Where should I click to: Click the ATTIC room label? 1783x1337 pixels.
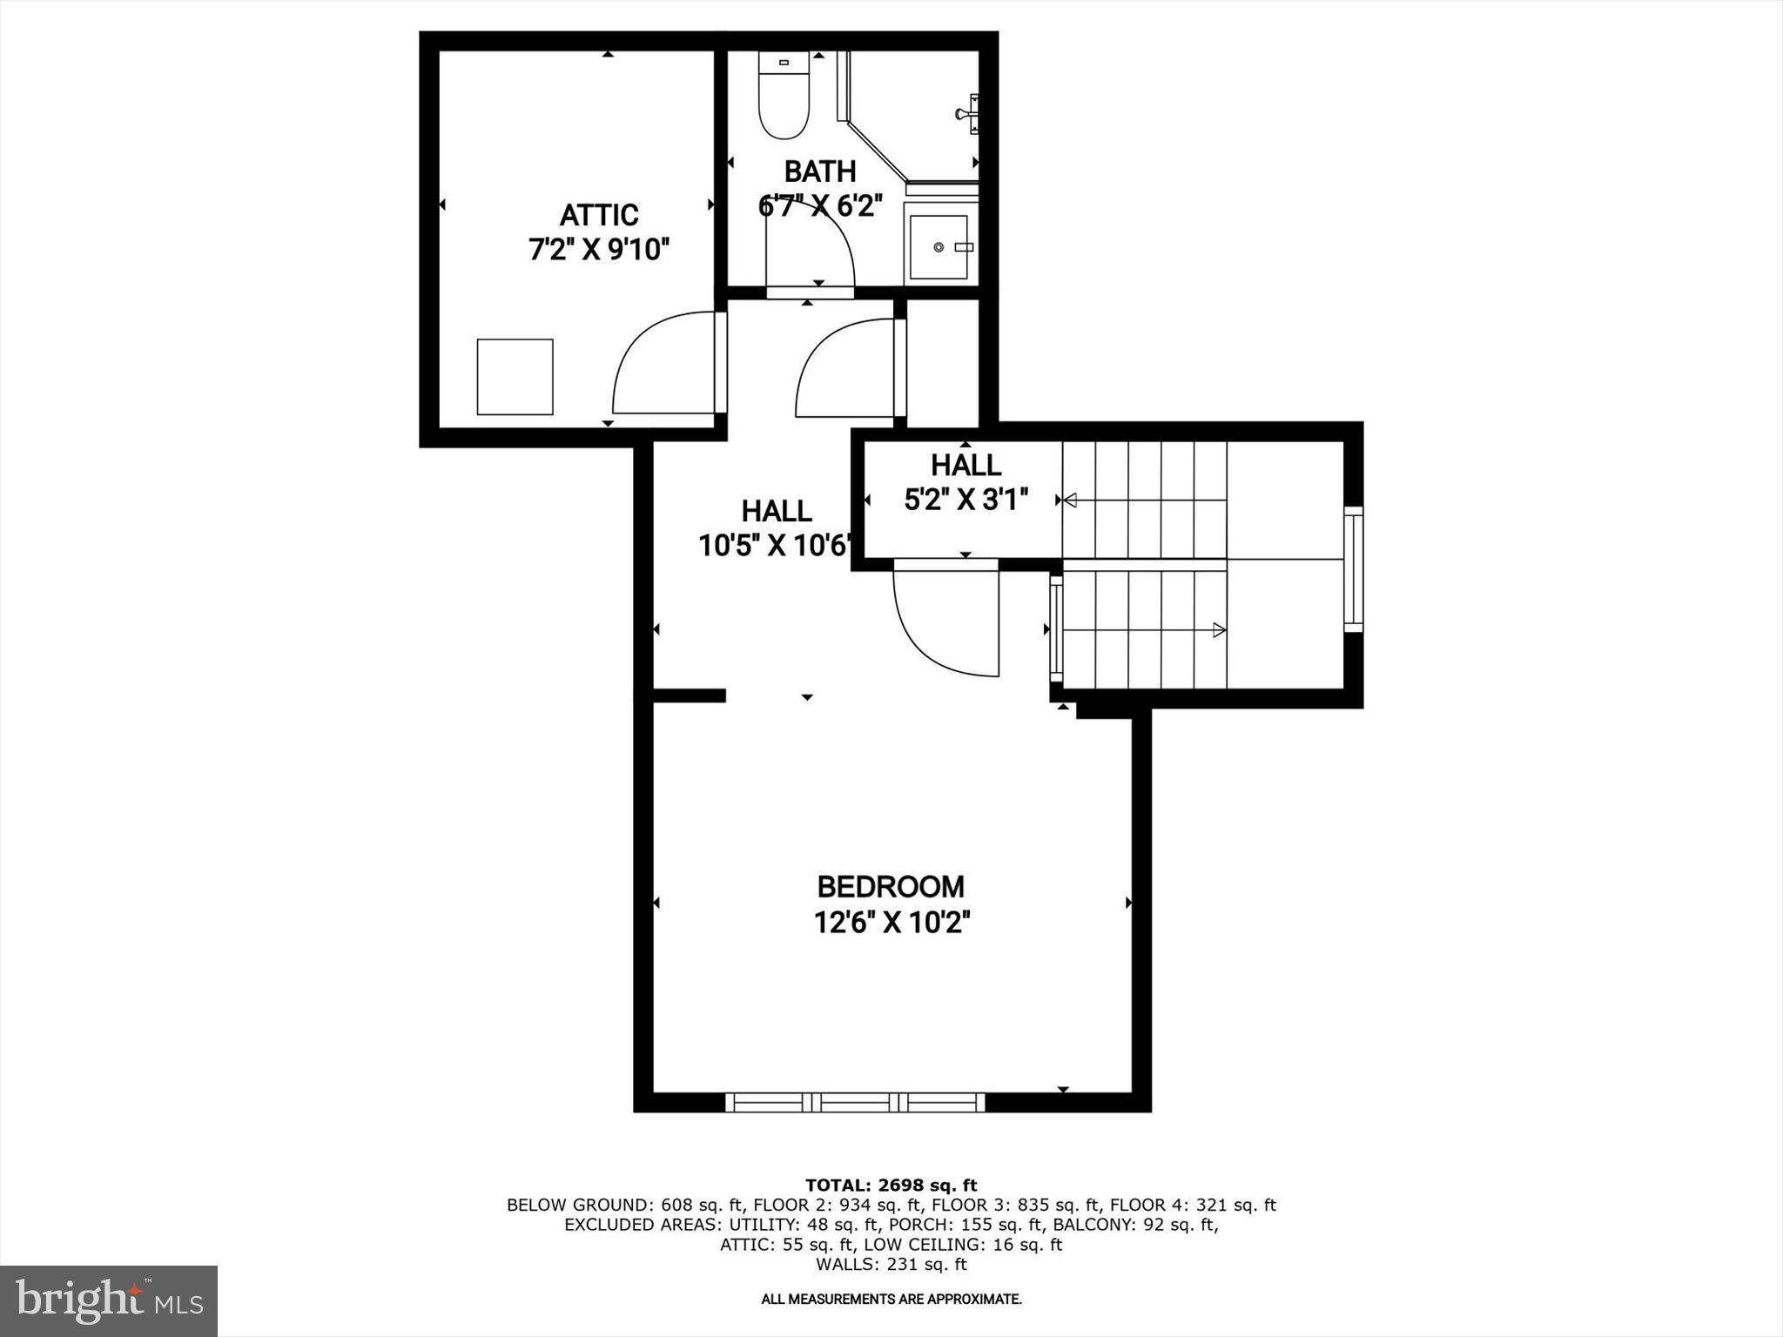tap(598, 215)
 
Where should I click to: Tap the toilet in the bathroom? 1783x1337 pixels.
tap(784, 96)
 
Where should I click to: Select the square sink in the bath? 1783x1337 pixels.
tap(939, 247)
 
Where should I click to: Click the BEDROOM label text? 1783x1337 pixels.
tap(891, 886)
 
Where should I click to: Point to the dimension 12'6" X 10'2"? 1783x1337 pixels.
tap(891, 922)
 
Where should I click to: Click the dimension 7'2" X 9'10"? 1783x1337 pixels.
tap(599, 251)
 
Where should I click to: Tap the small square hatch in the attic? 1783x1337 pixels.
tap(515, 377)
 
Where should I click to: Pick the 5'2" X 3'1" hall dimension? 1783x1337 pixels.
tap(966, 501)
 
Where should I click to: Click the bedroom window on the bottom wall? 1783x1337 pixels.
tap(855, 1103)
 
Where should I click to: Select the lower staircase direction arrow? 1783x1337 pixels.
tap(1218, 630)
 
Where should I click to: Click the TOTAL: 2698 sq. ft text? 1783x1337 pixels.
tap(891, 1185)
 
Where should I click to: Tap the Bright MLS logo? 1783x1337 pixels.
tap(109, 1300)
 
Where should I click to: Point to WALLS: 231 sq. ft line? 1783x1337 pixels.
tap(891, 1264)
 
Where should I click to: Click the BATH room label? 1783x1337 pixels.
tap(819, 171)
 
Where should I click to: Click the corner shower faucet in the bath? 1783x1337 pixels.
tap(968, 113)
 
